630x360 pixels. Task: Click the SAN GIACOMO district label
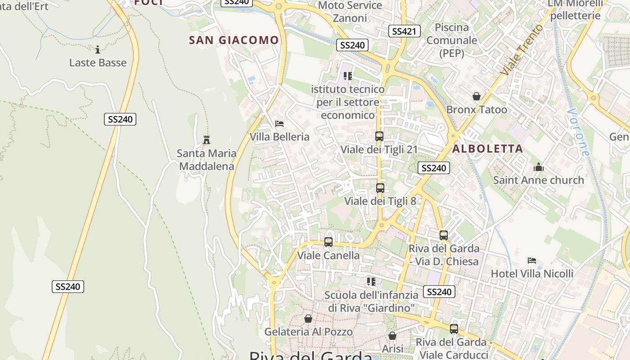tap(234, 40)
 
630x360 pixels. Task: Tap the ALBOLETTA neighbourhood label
tap(488, 148)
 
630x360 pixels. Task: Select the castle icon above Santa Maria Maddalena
tap(207, 140)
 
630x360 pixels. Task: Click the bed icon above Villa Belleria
tap(279, 123)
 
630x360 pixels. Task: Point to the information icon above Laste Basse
tap(98, 49)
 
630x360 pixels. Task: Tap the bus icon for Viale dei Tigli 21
tap(379, 136)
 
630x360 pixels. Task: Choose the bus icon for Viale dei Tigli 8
tap(380, 188)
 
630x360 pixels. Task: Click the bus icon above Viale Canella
tap(328, 242)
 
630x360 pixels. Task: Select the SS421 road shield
tap(404, 31)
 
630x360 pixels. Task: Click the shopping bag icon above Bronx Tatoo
tap(477, 96)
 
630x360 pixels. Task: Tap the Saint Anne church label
tap(538, 180)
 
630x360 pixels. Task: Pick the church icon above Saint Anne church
tap(538, 167)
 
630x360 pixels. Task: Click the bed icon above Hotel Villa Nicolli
tap(532, 261)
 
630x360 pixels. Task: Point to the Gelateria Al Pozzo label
tap(308, 332)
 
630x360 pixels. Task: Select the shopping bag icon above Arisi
tap(392, 336)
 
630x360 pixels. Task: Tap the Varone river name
tap(578, 132)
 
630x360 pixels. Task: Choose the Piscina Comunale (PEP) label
tap(451, 40)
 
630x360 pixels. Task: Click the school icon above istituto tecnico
tap(347, 76)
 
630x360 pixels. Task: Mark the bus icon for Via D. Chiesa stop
tap(444, 235)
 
